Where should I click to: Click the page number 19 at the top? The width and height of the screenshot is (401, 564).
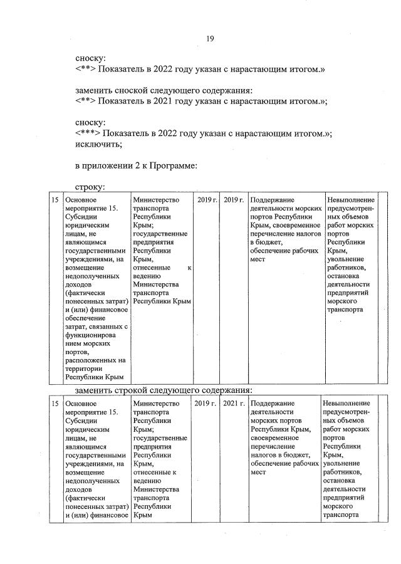click(x=211, y=39)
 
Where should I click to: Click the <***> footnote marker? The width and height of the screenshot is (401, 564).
click(x=87, y=133)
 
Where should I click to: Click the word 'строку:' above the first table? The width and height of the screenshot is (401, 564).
click(x=90, y=187)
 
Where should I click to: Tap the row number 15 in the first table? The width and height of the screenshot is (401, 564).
click(x=55, y=200)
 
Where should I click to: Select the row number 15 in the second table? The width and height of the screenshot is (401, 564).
click(x=55, y=403)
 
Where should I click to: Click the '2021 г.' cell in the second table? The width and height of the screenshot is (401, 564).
click(x=232, y=403)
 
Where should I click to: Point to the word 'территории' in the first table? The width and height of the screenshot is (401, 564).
click(x=84, y=369)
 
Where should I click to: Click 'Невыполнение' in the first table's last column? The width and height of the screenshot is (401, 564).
click(x=351, y=200)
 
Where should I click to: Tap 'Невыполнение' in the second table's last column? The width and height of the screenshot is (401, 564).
click(x=346, y=403)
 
